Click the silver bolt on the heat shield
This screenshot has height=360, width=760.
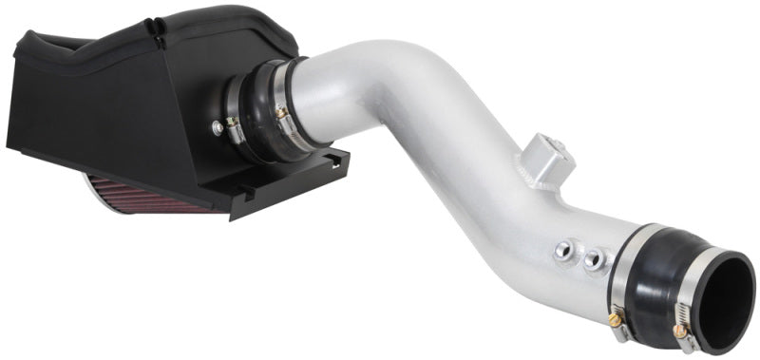218,124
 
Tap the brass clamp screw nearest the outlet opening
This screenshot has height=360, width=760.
679,331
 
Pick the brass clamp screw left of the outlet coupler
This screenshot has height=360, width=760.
618,322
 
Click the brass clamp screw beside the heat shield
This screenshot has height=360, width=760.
281,114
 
